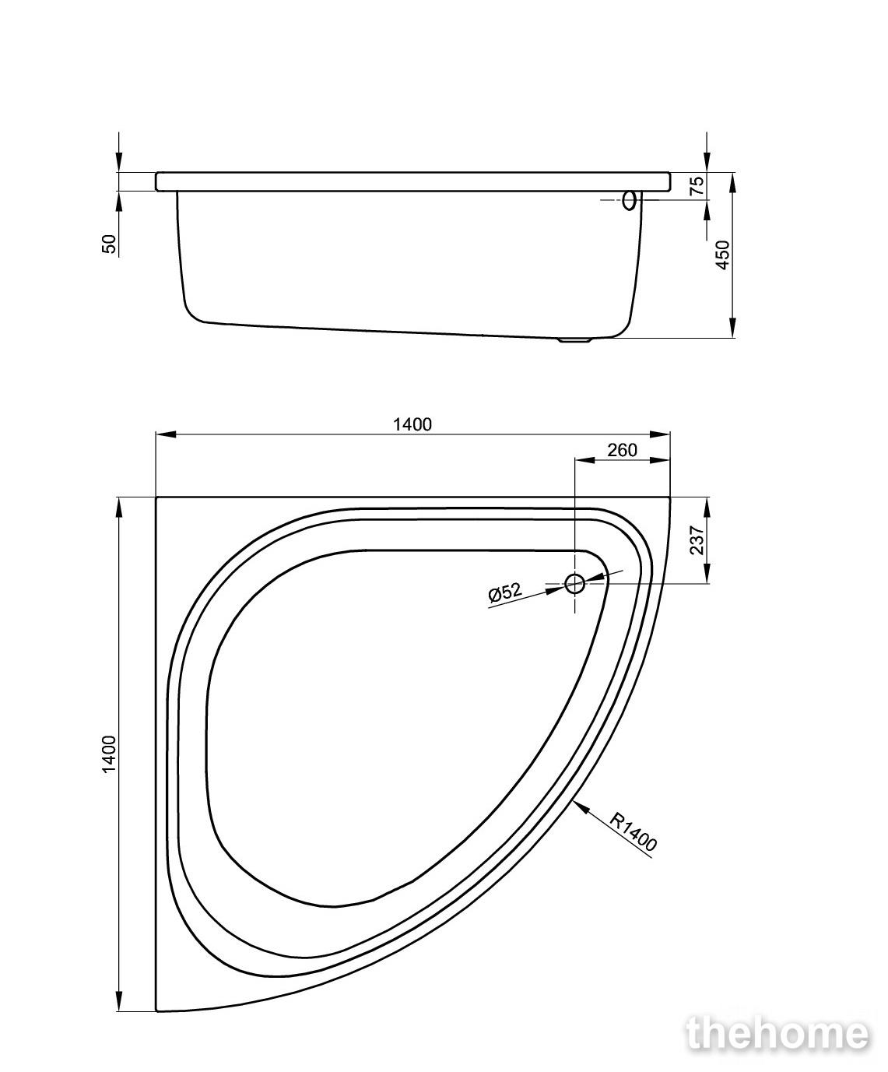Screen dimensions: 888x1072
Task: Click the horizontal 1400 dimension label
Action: pos(412,424)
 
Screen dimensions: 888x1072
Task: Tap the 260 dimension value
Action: pos(622,450)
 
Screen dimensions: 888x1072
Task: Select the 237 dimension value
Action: pos(696,540)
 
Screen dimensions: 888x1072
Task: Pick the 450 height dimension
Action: pos(722,255)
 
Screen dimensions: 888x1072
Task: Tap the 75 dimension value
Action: pos(697,185)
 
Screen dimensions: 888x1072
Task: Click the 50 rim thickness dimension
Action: pos(109,244)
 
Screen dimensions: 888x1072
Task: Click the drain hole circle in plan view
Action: pos(574,583)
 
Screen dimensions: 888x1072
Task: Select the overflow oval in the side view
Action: pos(629,200)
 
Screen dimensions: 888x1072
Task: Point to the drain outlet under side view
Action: pos(575,339)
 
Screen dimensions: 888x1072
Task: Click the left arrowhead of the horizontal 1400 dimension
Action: pos(166,434)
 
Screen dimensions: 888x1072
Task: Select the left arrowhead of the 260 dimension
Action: pos(584,461)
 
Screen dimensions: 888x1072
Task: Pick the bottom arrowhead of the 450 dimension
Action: pos(732,328)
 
